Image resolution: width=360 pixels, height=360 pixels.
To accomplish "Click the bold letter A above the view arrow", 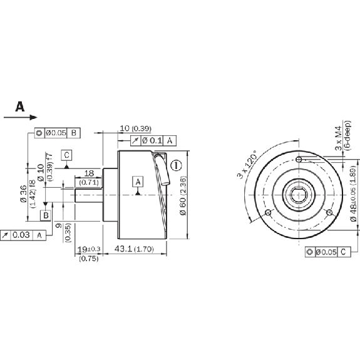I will (x=20, y=106).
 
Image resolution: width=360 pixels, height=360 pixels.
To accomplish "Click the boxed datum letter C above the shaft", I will (x=66, y=155).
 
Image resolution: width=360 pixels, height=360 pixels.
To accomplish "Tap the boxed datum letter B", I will (x=46, y=215).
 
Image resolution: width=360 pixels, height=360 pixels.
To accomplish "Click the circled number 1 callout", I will (x=177, y=165).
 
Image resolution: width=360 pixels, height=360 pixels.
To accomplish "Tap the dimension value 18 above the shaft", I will (x=89, y=173).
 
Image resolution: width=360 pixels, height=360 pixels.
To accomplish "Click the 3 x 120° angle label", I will (x=247, y=165).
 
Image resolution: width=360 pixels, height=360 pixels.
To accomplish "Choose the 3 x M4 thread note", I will (x=337, y=138).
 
